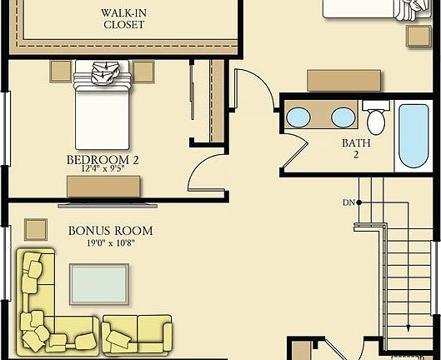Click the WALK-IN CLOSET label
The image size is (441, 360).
[123, 18]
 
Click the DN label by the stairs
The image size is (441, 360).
[348, 202]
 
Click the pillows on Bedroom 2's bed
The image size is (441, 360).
[103, 73]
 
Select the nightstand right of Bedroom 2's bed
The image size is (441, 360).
[143, 71]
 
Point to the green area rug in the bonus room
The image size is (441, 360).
[99, 285]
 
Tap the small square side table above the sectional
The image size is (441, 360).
[35, 227]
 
